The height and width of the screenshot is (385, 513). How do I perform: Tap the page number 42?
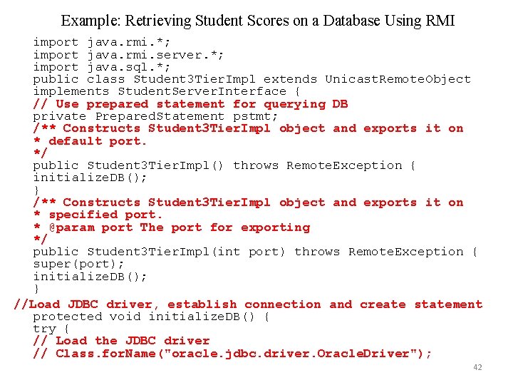tap(477, 367)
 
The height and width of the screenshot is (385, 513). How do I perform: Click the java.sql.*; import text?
tap(128, 67)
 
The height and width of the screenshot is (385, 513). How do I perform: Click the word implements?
tap(71, 91)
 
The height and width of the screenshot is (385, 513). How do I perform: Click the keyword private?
tap(60, 116)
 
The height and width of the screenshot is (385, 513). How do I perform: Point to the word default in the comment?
tap(76, 140)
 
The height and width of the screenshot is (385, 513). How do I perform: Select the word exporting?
tap(275, 227)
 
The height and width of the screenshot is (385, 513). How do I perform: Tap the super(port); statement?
tap(79, 264)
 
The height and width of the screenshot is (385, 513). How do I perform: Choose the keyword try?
tap(44, 329)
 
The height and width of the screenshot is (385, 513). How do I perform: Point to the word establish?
tap(202, 304)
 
